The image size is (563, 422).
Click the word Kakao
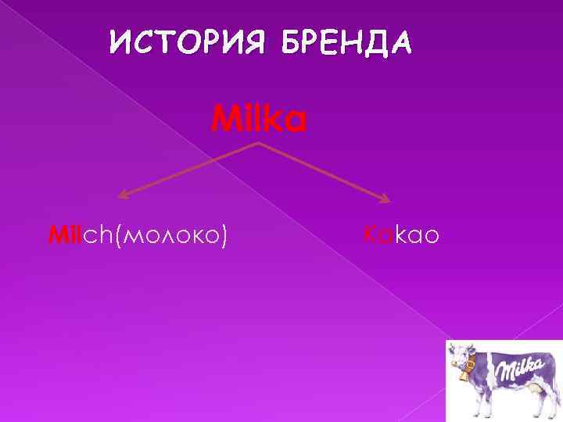(x=402, y=234)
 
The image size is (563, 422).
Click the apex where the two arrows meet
(x=259, y=144)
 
